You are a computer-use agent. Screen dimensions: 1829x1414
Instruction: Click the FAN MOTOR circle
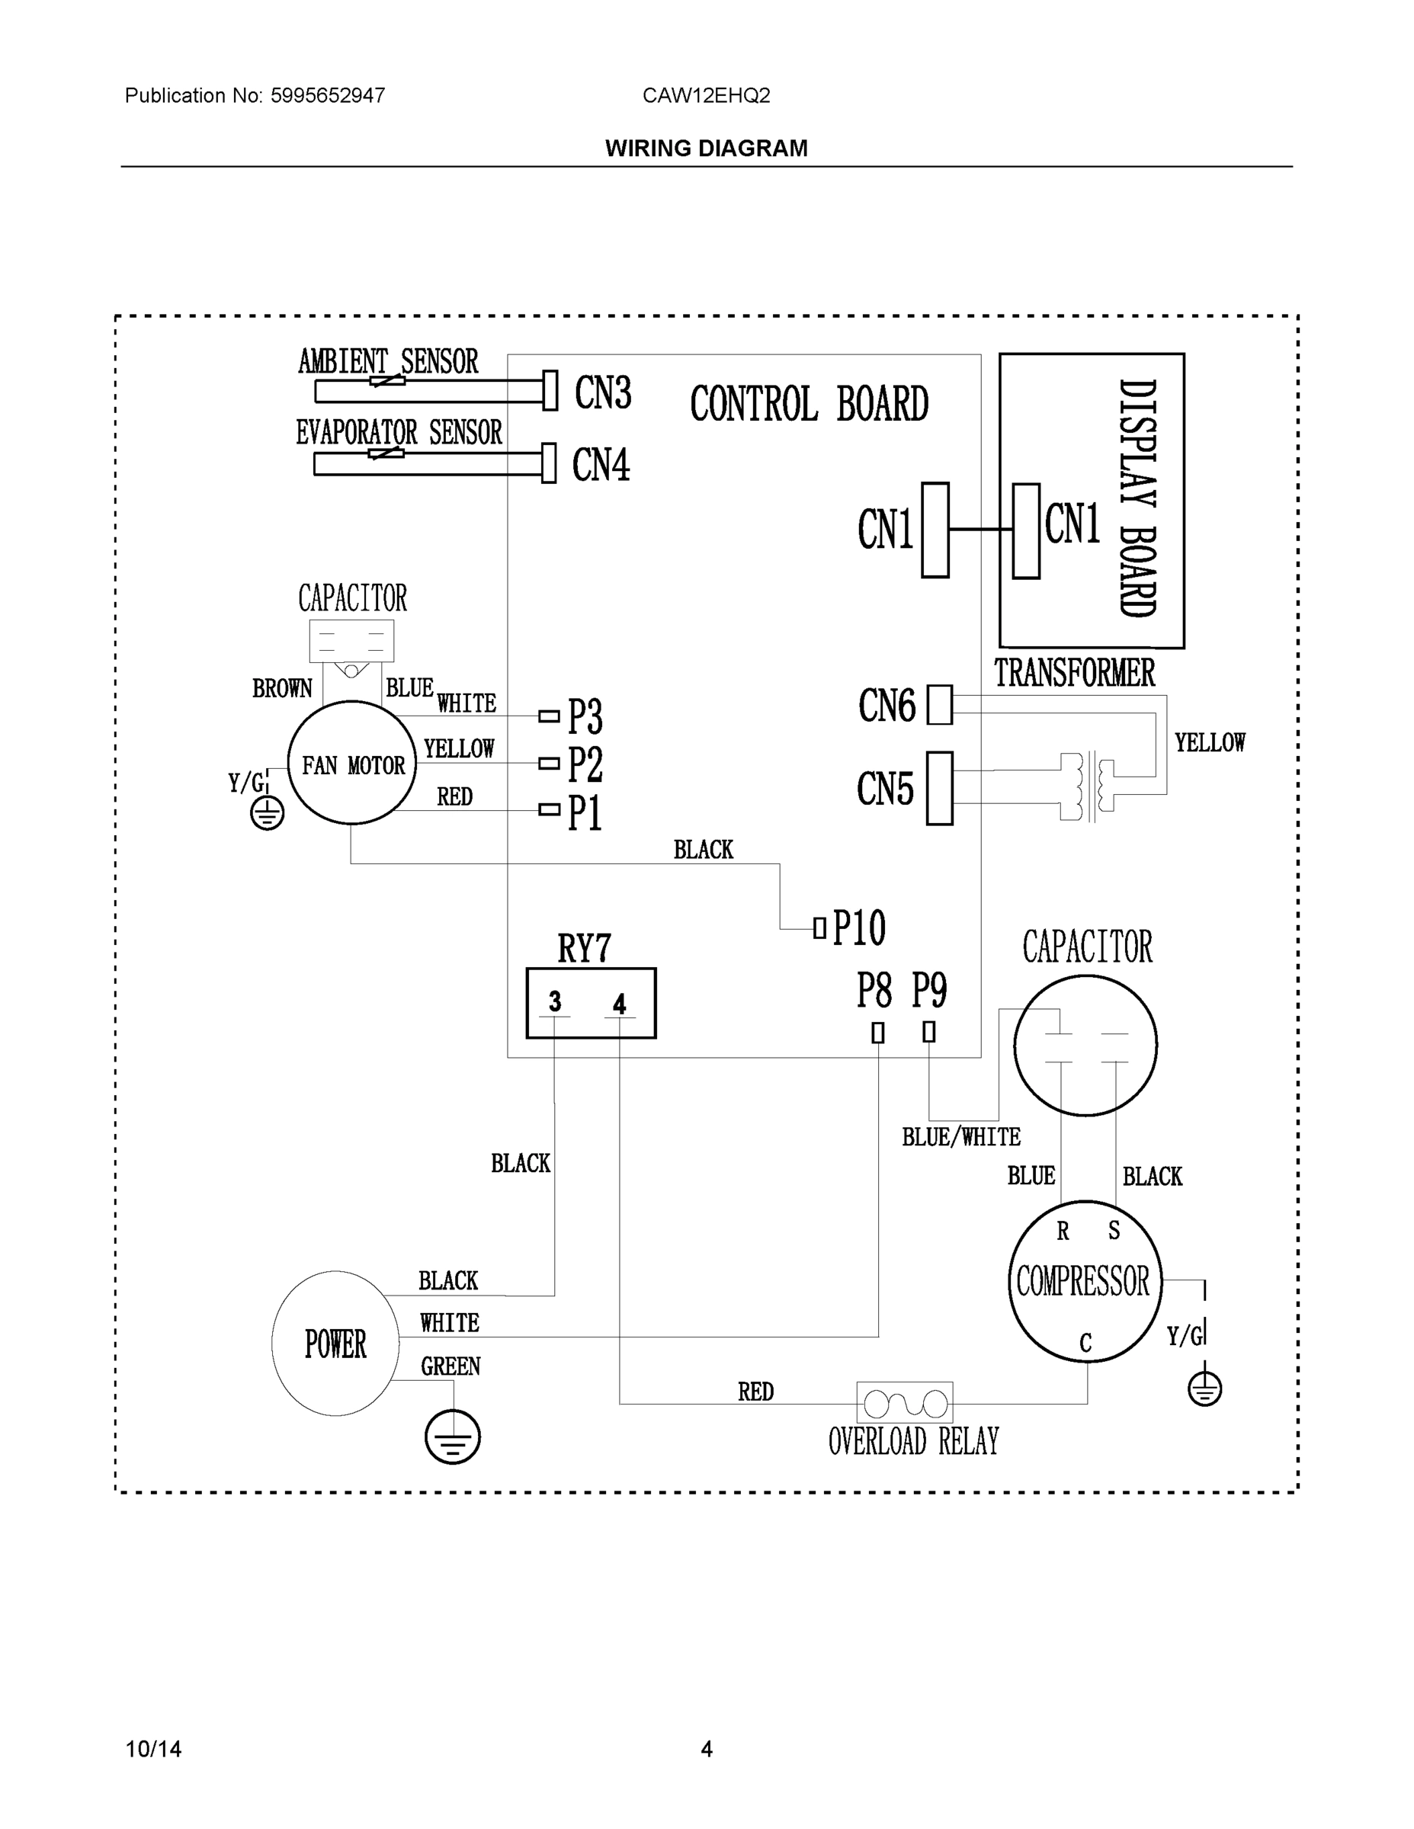pyautogui.click(x=352, y=763)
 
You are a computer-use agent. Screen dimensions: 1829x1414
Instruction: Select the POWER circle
pyautogui.click(x=335, y=1344)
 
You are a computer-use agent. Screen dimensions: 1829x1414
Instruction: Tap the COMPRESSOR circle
pyautogui.click(x=1084, y=1281)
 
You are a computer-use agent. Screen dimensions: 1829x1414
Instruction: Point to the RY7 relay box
pyautogui.click(x=591, y=1002)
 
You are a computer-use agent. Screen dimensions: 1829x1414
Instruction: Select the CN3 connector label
pyautogui.click(x=602, y=392)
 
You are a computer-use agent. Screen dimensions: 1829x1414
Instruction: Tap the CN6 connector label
pyautogui.click(x=887, y=705)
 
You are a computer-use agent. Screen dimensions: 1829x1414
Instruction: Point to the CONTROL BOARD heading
pyautogui.click(x=810, y=405)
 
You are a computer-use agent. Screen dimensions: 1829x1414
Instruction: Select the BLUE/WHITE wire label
pyautogui.click(x=960, y=1137)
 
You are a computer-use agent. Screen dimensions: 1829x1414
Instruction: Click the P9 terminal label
pyautogui.click(x=929, y=990)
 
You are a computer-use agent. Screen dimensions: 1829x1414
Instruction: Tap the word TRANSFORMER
pyautogui.click(x=1074, y=674)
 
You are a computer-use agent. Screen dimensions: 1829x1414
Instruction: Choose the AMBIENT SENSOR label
pyautogui.click(x=388, y=362)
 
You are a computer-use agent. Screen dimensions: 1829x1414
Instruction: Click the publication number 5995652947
pyautogui.click(x=328, y=95)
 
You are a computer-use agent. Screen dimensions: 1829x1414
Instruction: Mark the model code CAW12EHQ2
pyautogui.click(x=706, y=95)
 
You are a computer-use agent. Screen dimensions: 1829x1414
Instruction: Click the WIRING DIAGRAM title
pyautogui.click(x=706, y=149)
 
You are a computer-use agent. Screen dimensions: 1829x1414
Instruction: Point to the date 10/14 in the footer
pyautogui.click(x=153, y=1749)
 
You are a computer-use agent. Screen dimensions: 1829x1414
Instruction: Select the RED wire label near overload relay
pyautogui.click(x=755, y=1392)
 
